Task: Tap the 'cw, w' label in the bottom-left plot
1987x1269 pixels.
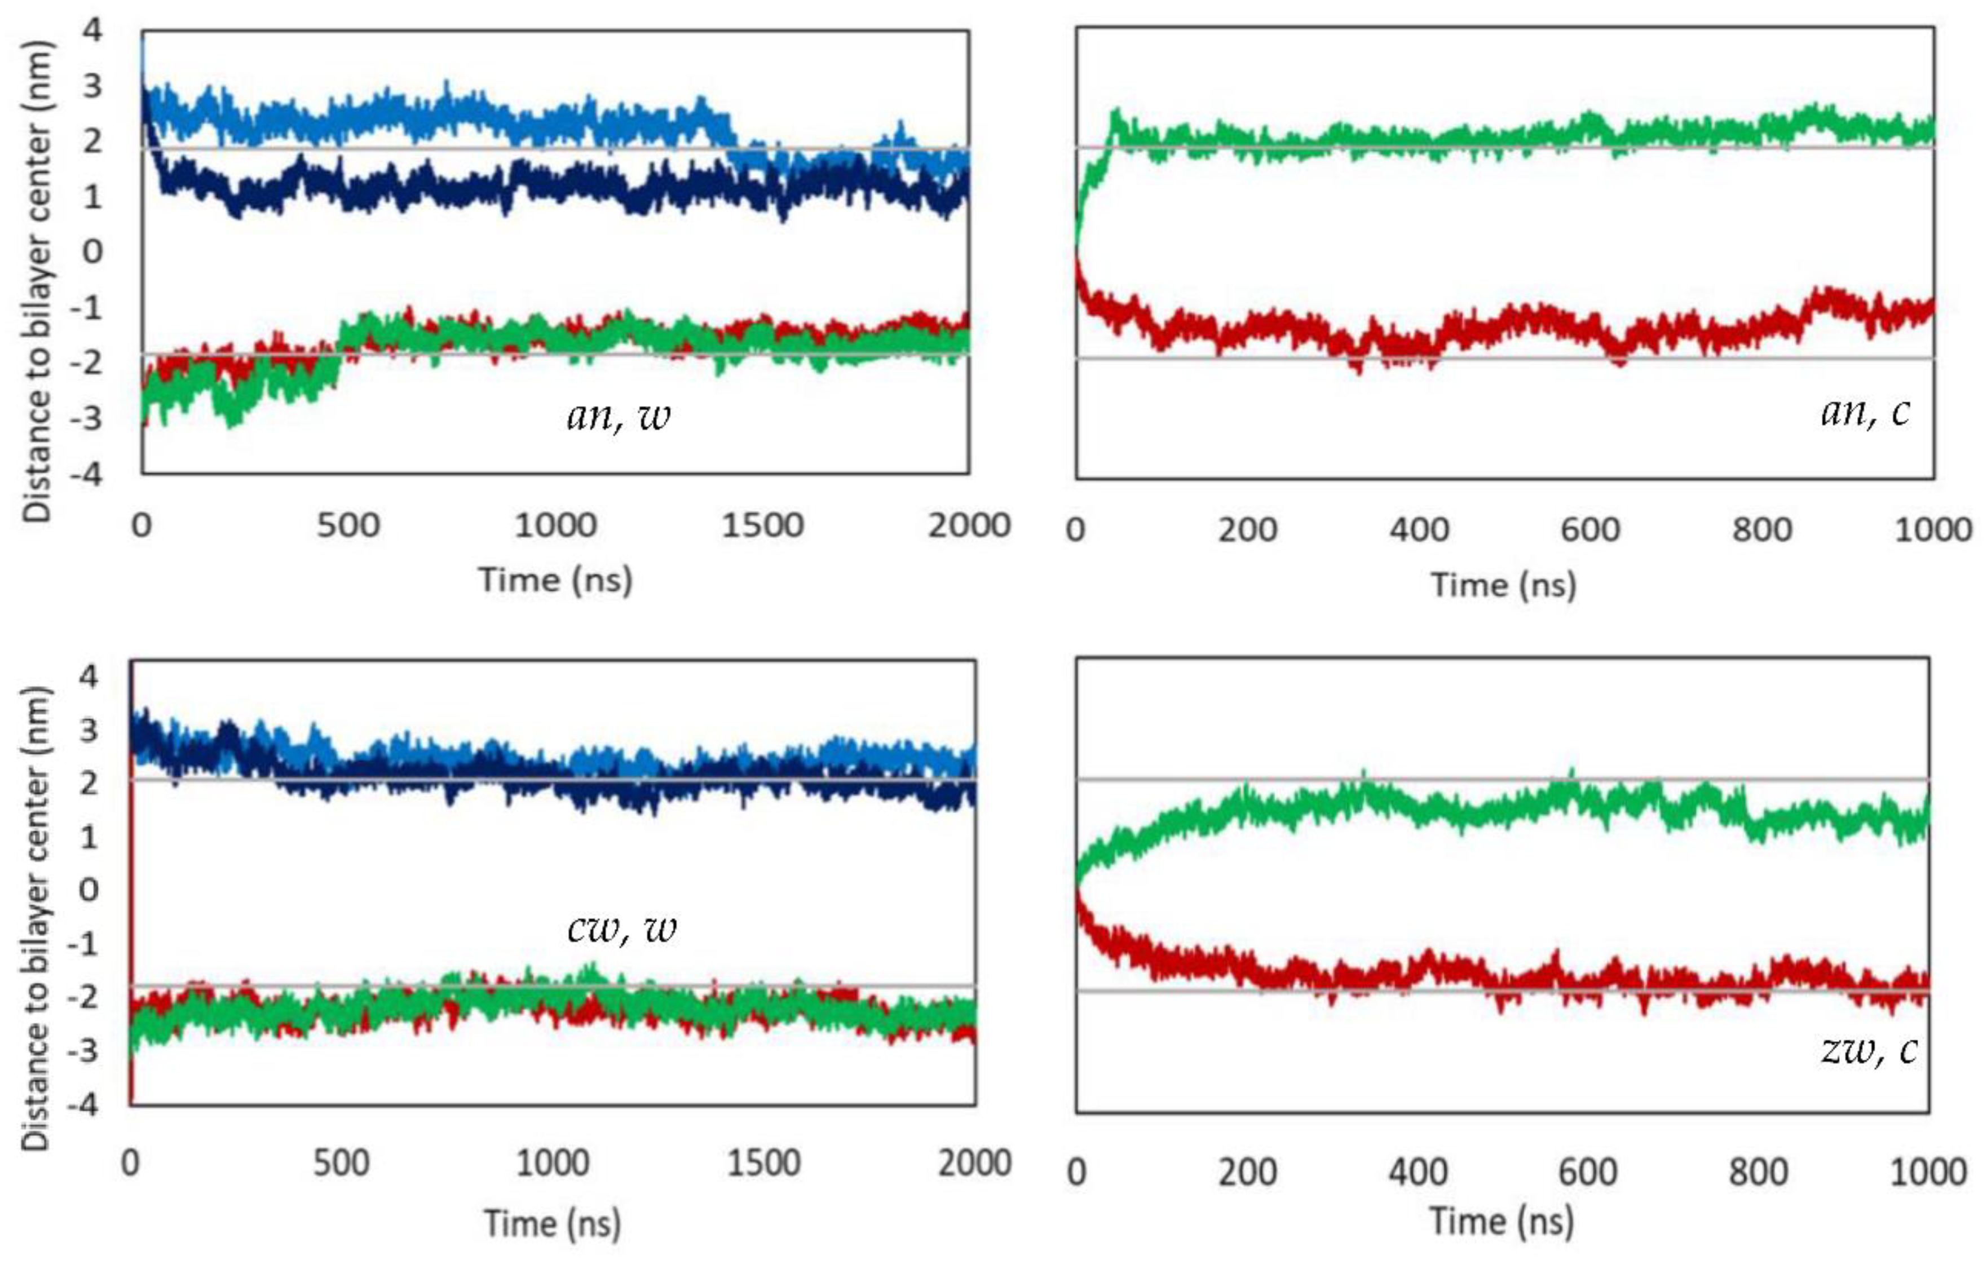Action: coord(621,929)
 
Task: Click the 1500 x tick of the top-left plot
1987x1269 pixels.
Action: coord(762,525)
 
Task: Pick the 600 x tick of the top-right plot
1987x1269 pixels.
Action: coord(1590,530)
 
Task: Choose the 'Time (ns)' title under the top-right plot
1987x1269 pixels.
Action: coord(1503,585)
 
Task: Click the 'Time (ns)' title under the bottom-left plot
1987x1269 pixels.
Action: coord(552,1223)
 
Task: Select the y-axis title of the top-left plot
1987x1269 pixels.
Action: coord(37,281)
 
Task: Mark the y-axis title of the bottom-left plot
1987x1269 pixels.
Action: coord(37,918)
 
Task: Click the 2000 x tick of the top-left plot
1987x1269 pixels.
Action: coord(969,525)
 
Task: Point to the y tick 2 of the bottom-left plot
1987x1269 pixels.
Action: coord(89,782)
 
